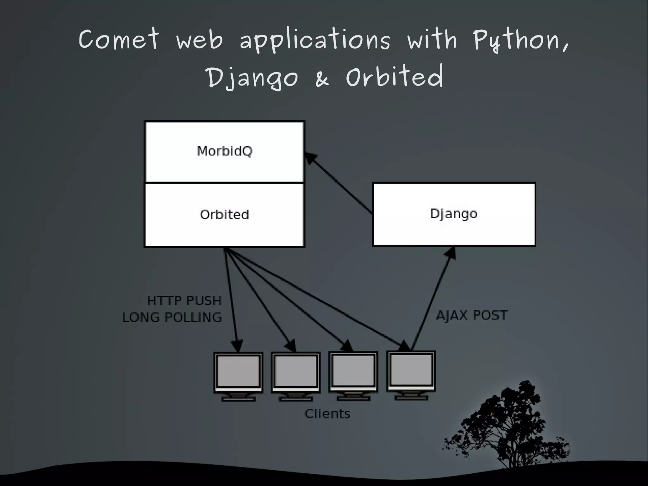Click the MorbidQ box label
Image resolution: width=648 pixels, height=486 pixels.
pyautogui.click(x=224, y=151)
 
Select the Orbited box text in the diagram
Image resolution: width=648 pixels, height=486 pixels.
pyautogui.click(x=224, y=214)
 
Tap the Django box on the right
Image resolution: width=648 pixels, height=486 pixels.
pyautogui.click(x=454, y=214)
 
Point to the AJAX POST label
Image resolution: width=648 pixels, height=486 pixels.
pyautogui.click(x=471, y=315)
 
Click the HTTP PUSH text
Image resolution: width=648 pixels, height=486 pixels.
pyautogui.click(x=184, y=300)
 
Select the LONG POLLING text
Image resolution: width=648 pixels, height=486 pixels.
pyautogui.click(x=172, y=317)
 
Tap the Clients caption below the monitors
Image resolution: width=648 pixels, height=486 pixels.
pyautogui.click(x=327, y=414)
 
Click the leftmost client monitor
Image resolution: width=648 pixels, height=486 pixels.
pyautogui.click(x=238, y=375)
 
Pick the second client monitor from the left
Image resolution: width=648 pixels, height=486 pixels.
pyautogui.click(x=296, y=375)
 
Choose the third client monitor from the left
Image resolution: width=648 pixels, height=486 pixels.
pyautogui.click(x=353, y=375)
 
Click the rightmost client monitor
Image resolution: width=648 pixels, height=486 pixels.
pyautogui.click(x=411, y=374)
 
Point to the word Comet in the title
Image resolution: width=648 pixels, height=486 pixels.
pyautogui.click(x=119, y=39)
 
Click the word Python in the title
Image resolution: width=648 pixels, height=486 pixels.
pyautogui.click(x=520, y=41)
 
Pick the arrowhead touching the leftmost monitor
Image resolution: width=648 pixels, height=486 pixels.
pyautogui.click(x=237, y=346)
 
